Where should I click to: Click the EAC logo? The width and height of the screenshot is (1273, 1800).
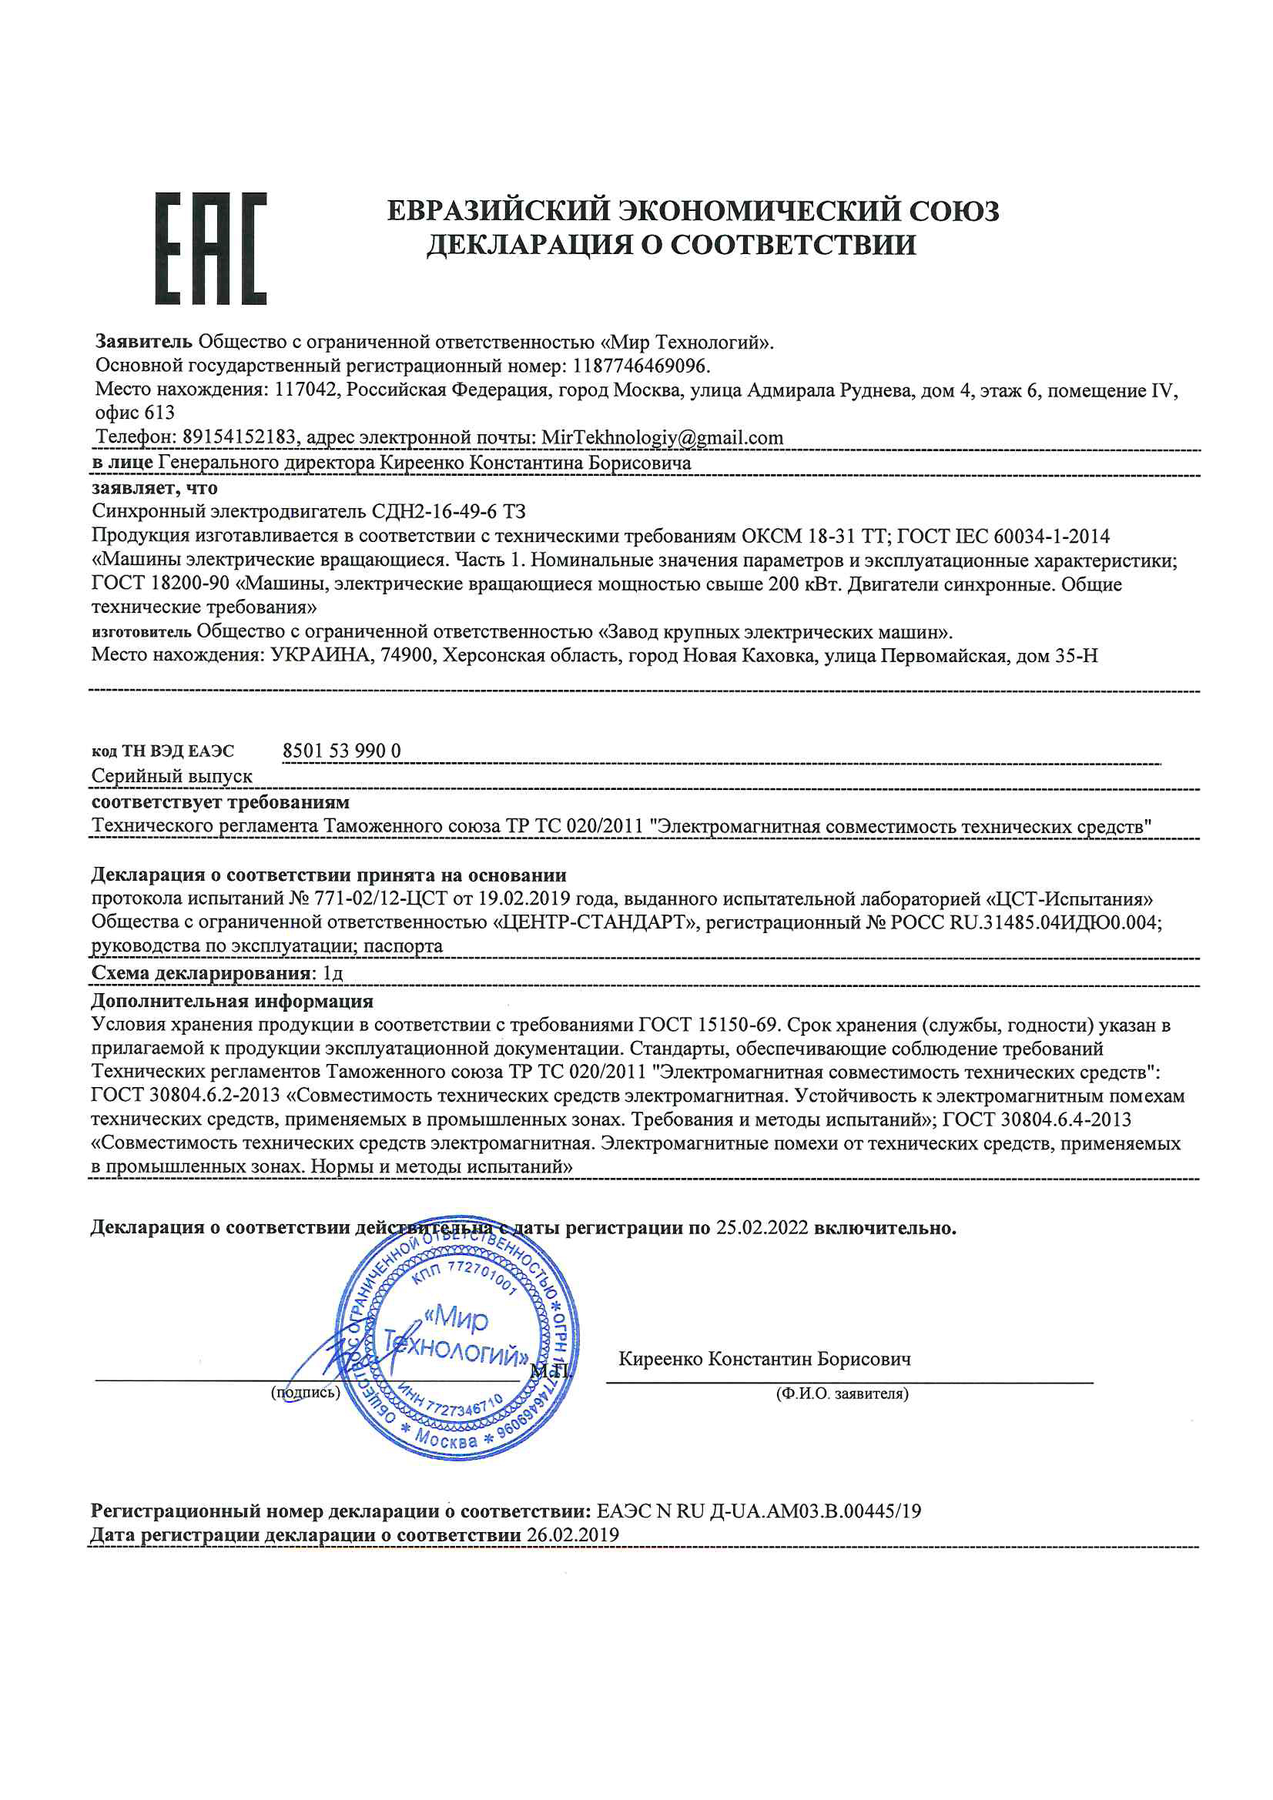coord(210,248)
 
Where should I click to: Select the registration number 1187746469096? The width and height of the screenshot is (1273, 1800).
coord(640,366)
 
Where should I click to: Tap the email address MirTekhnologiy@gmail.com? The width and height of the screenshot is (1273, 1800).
coord(662,437)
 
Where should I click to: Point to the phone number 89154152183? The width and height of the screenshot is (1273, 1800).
coord(240,437)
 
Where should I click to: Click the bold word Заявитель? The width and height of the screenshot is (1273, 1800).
coord(143,342)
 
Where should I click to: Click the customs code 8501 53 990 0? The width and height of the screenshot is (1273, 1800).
coord(341,751)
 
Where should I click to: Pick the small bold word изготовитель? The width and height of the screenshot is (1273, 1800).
coord(141,632)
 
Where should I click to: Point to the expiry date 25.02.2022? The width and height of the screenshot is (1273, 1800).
coord(762,1228)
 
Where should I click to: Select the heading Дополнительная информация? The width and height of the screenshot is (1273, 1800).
coord(232,1001)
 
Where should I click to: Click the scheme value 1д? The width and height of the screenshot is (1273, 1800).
coord(333,974)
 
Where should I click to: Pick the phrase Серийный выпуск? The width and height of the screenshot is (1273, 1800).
coord(172,776)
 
